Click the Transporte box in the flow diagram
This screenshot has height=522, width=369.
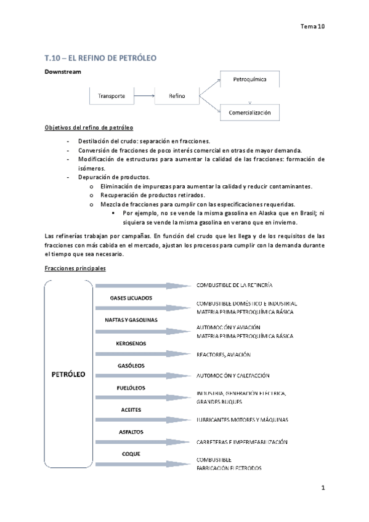112,96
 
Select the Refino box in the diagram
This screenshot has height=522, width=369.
176,96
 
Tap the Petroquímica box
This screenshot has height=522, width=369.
249,80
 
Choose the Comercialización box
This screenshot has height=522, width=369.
249,113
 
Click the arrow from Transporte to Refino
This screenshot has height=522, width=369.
144,96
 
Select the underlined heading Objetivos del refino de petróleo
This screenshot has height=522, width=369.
89,128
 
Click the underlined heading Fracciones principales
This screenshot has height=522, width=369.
75,269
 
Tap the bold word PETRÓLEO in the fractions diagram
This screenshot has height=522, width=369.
68,374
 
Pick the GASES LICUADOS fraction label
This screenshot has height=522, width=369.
131,298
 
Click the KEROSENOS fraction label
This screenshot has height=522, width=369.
131,343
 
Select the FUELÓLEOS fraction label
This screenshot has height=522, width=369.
131,388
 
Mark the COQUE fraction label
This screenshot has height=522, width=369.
131,454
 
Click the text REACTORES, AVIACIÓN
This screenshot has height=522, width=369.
224,355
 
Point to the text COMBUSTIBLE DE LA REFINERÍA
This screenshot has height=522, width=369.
235,286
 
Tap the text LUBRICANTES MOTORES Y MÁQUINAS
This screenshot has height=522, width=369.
243,420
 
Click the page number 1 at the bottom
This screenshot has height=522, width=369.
322,488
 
